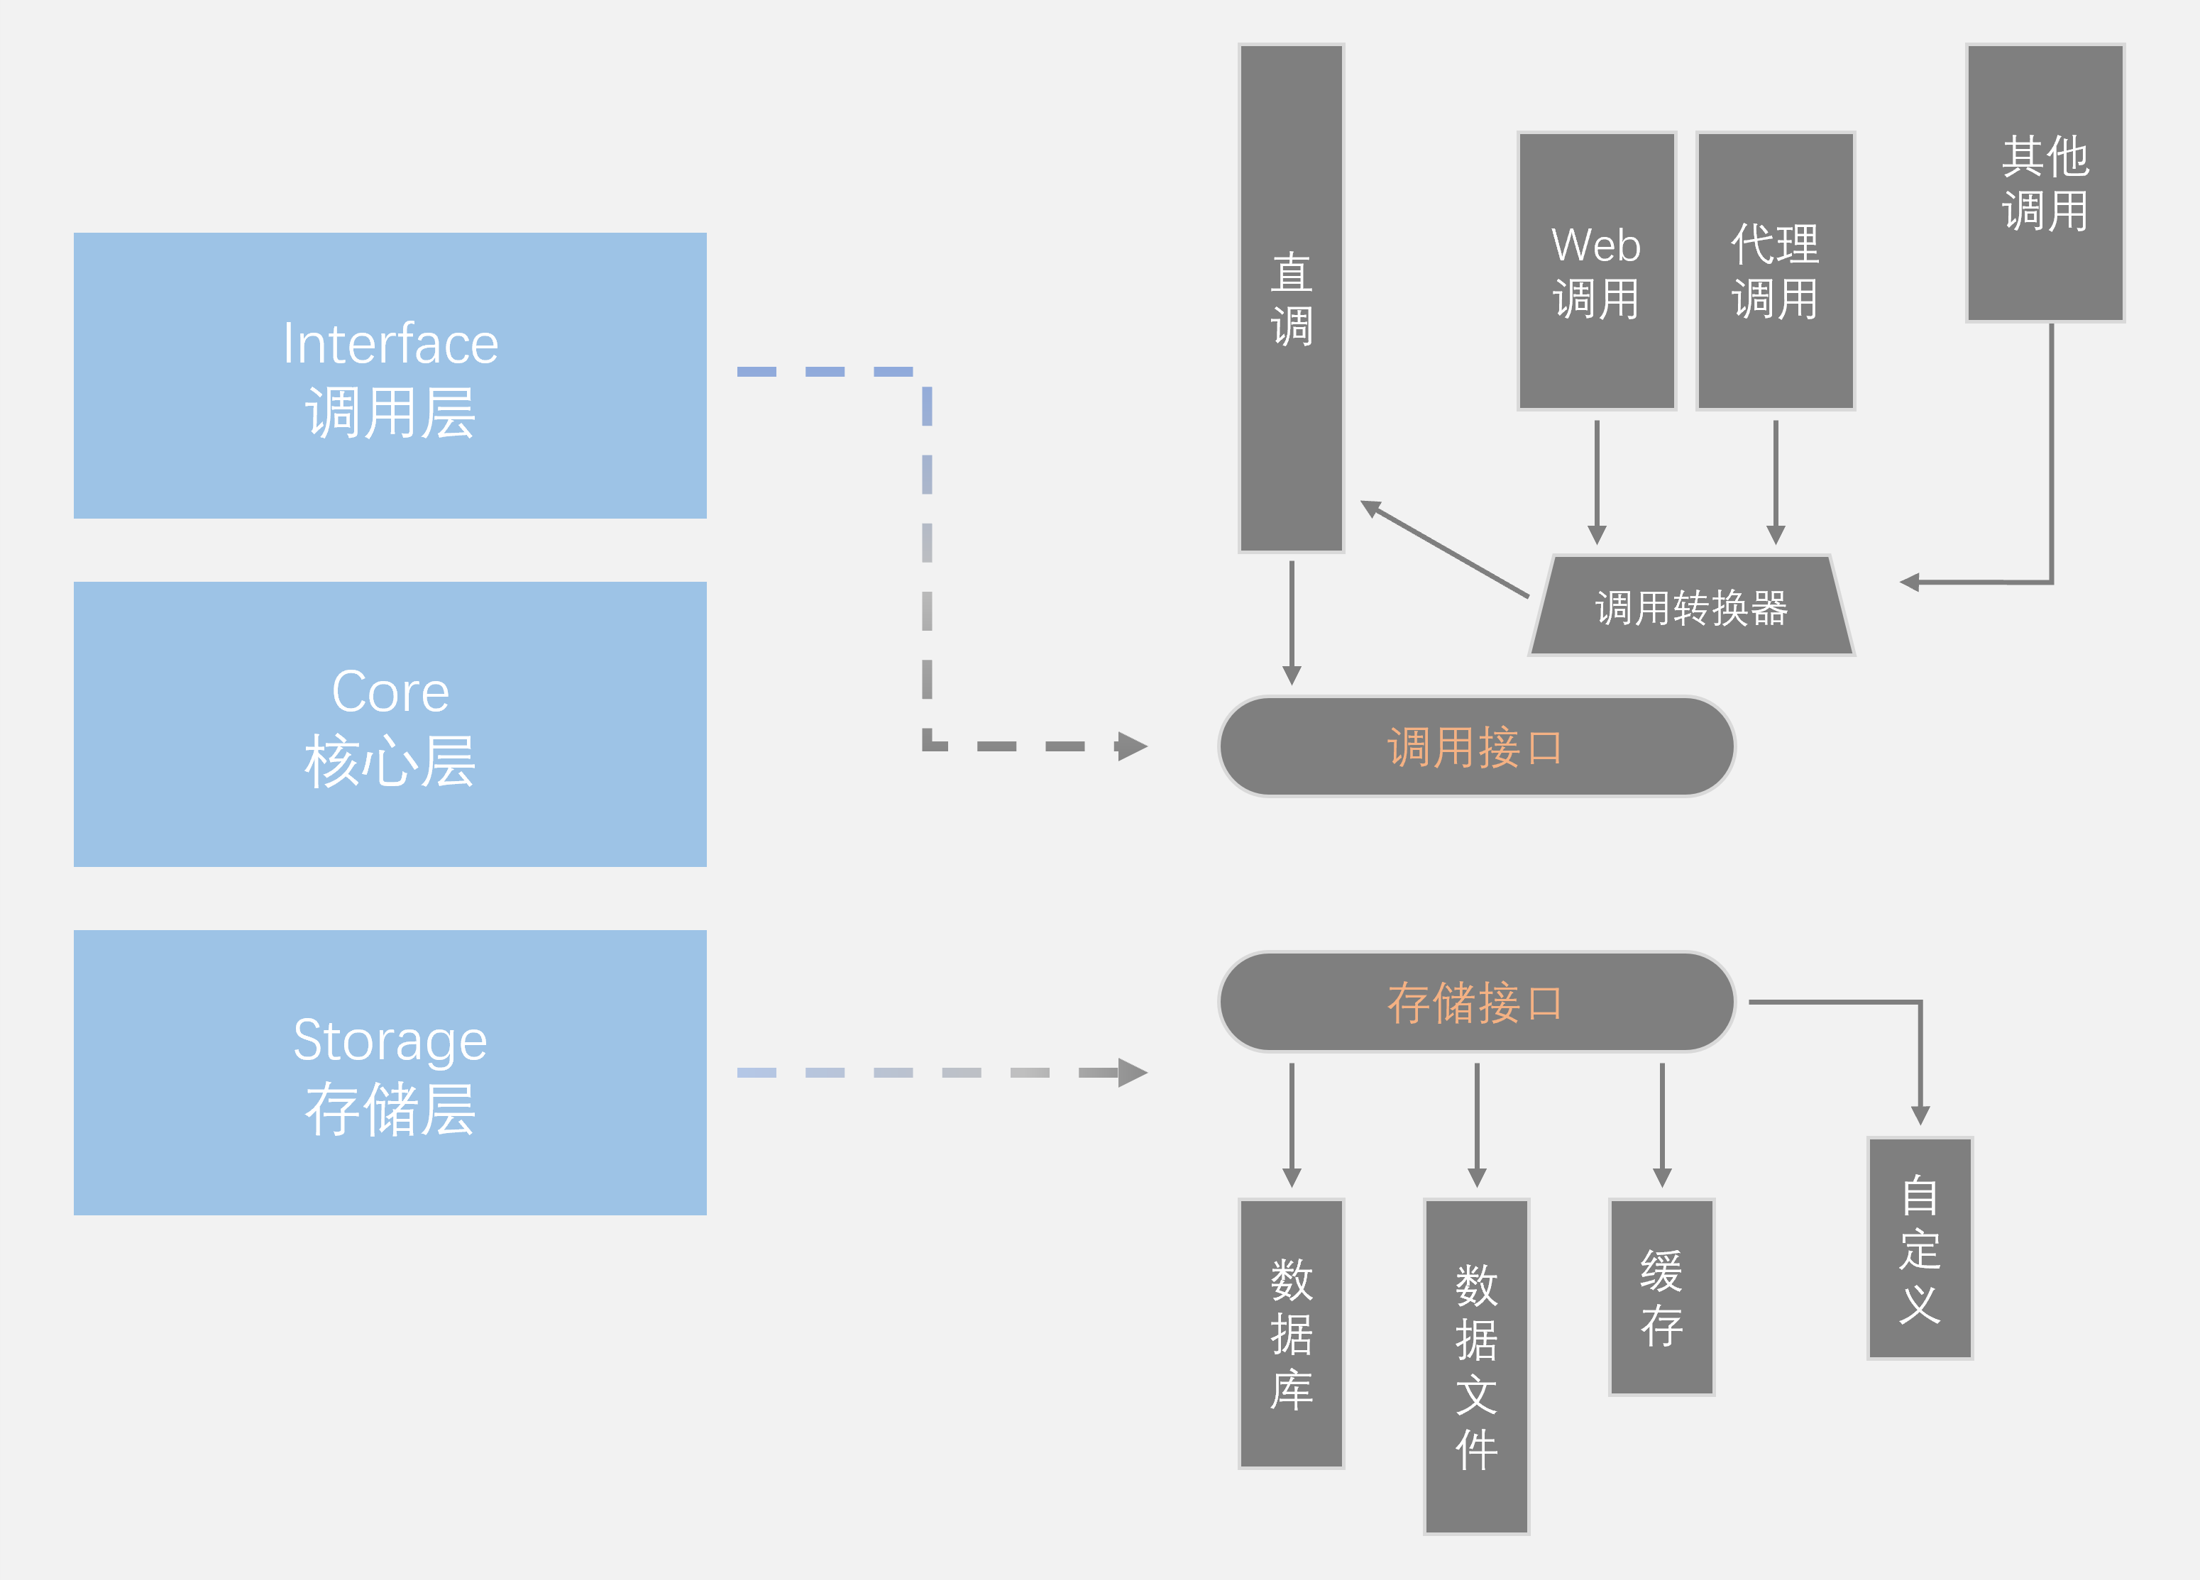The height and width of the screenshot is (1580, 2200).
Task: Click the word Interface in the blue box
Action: pyautogui.click(x=390, y=343)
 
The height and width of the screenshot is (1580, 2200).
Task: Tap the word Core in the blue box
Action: pyautogui.click(x=390, y=692)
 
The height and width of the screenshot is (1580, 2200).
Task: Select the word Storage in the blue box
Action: pyautogui.click(x=390, y=1040)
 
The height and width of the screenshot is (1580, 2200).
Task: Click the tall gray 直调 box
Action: pyautogui.click(x=1291, y=298)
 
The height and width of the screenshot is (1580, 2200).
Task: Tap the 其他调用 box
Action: pyautogui.click(x=2045, y=182)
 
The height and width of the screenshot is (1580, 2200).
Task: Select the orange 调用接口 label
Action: pyautogui.click(x=1475, y=747)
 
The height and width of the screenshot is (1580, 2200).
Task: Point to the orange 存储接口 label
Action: pyautogui.click(x=1475, y=1002)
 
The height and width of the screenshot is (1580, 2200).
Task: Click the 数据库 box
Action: pyautogui.click(x=1291, y=1334)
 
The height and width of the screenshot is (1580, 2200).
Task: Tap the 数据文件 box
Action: pyautogui.click(x=1476, y=1366)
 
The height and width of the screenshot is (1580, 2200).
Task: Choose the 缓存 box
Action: pyautogui.click(x=1661, y=1297)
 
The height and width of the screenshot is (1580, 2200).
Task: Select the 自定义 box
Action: pyautogui.click(x=1920, y=1248)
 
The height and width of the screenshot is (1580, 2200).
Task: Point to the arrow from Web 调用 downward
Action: pyautogui.click(x=1597, y=481)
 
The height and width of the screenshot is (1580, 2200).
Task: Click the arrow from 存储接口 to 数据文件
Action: pyautogui.click(x=1476, y=1125)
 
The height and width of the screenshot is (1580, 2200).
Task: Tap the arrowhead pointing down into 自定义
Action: pyautogui.click(x=1920, y=1115)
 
